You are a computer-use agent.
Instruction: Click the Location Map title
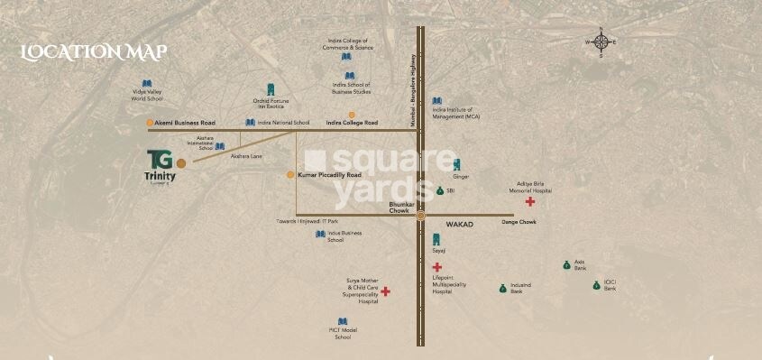click(x=94, y=51)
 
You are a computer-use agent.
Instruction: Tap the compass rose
click(x=601, y=42)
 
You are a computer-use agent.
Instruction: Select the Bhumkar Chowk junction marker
click(x=421, y=215)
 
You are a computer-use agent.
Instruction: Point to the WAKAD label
click(x=461, y=222)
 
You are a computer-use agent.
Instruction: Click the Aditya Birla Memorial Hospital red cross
click(x=529, y=201)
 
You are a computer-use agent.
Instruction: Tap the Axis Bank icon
click(x=566, y=264)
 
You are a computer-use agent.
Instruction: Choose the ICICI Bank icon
click(x=596, y=285)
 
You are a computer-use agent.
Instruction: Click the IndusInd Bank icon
click(x=502, y=288)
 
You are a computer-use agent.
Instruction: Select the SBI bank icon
click(x=440, y=191)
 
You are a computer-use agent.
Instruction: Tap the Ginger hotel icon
click(x=456, y=165)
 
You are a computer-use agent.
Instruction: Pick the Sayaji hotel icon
click(x=436, y=239)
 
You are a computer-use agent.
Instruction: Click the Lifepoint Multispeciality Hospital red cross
click(x=436, y=267)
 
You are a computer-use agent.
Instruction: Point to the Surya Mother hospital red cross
click(x=385, y=291)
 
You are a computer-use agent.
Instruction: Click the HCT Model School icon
click(x=342, y=321)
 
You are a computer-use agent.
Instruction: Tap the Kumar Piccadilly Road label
click(x=329, y=174)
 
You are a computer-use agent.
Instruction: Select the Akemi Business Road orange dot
click(x=150, y=123)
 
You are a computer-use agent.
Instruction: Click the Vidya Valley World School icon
click(x=147, y=83)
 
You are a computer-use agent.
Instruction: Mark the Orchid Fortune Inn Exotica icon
click(x=269, y=88)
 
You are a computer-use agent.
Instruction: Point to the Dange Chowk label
click(x=519, y=222)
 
